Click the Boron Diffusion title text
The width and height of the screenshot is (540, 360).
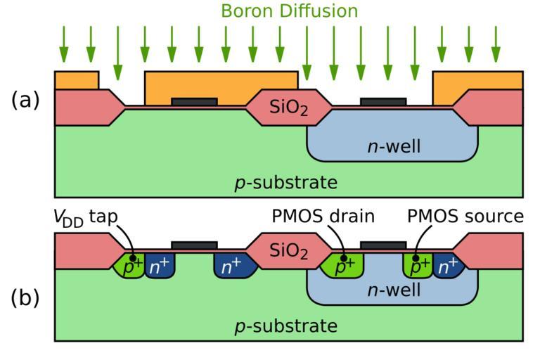click(x=289, y=11)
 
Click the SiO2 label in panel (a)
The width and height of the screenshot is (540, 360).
click(x=289, y=108)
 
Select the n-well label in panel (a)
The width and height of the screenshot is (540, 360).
click(x=393, y=146)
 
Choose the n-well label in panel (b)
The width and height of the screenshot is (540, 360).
click(x=393, y=289)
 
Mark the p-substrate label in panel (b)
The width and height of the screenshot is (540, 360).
click(x=285, y=326)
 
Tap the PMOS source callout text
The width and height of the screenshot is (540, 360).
click(x=465, y=217)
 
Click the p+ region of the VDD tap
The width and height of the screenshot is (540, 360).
click(x=129, y=266)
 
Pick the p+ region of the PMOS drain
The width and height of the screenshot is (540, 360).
click(x=342, y=266)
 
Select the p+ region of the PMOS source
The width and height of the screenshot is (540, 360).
click(x=418, y=266)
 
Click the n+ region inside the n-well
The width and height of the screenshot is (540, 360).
click(x=446, y=266)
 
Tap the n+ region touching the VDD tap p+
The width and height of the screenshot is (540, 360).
click(x=159, y=266)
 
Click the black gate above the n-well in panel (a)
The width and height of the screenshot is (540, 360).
click(x=383, y=102)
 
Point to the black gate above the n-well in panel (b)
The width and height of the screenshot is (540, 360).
click(x=383, y=245)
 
